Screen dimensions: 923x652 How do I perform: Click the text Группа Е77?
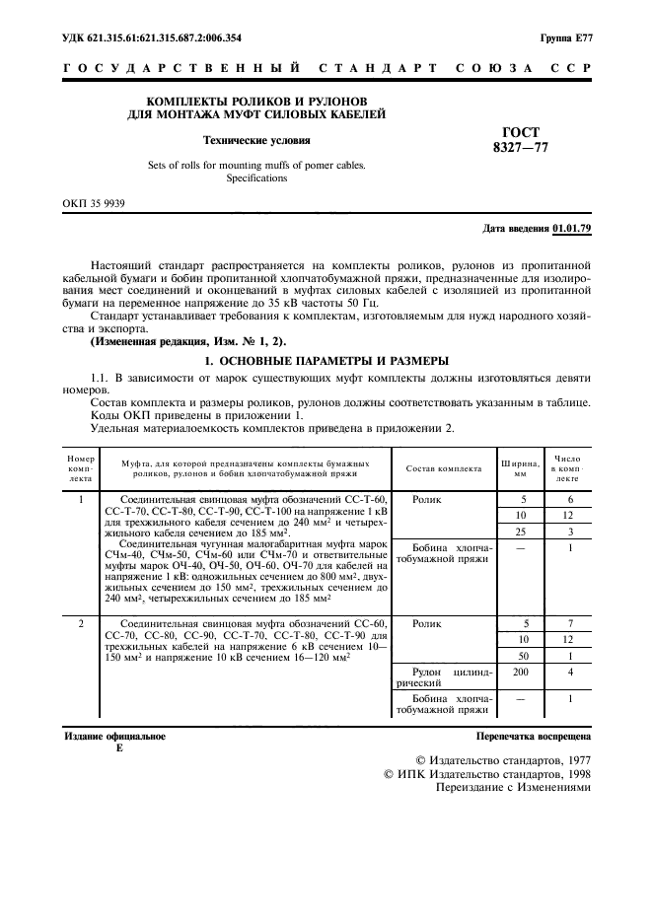565,38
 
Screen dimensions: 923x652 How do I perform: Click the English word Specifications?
256,178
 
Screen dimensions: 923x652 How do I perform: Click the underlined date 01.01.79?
572,229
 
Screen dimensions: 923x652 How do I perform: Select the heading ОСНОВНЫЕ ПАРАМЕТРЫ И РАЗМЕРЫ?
326,360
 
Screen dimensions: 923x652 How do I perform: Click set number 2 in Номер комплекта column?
80,624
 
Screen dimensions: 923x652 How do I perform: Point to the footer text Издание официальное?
114,736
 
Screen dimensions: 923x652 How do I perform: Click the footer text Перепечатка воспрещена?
533,736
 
